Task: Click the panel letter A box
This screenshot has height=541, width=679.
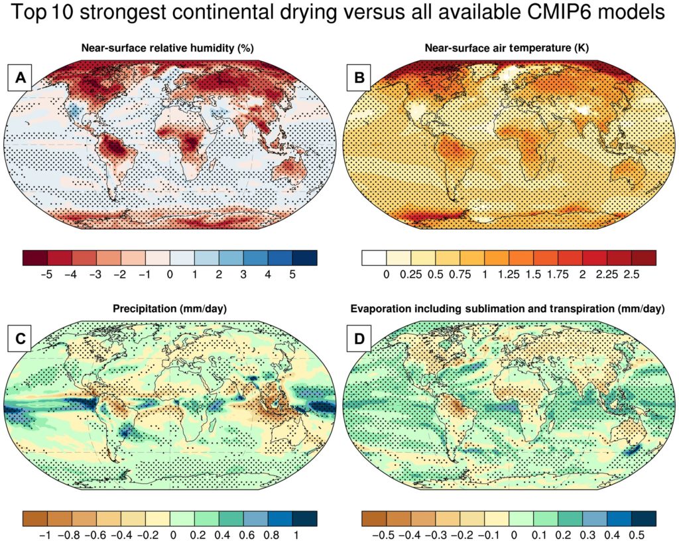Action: (x=21, y=79)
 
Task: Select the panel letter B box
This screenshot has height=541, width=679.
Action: (x=360, y=79)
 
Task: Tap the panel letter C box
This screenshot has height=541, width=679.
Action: (x=21, y=339)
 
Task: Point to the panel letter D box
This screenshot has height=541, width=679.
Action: (x=360, y=339)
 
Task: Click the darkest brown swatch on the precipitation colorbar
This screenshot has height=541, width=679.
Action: (x=34, y=517)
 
